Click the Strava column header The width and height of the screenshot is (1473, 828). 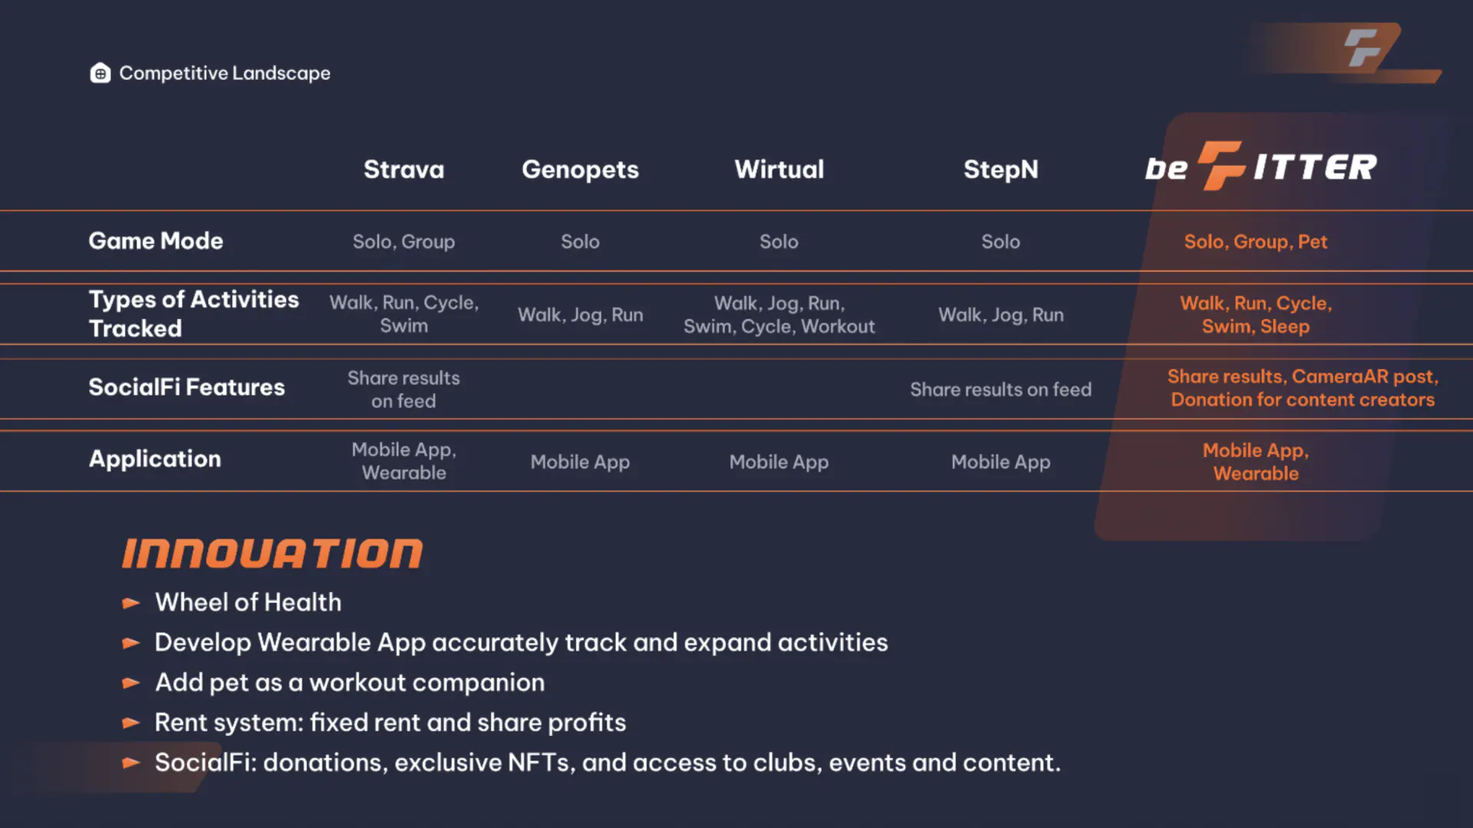pos(404,169)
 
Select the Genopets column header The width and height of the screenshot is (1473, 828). pos(580,170)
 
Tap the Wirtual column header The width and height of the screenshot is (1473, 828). pos(779,169)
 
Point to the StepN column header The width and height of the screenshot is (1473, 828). pos(1000,169)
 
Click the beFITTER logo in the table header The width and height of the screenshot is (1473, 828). pos(1260,166)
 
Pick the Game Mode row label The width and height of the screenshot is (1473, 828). pos(156,241)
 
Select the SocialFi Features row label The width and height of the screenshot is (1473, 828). pos(186,387)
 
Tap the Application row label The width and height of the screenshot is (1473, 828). pos(155,458)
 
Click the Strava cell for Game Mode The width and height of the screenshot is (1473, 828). pos(404,242)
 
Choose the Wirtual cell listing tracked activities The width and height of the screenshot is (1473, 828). pos(779,314)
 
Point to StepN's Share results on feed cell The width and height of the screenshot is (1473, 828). pos(1000,389)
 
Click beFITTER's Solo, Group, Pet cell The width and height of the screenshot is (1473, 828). pos(1255,242)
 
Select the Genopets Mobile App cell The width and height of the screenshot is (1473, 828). pos(580,462)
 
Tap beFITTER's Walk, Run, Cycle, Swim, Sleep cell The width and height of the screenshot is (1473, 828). pos(1255,314)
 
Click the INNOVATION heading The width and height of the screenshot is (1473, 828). pos(272,554)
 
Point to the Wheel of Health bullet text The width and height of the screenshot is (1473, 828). pos(248,603)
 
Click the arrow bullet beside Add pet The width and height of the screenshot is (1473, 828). pos(131,682)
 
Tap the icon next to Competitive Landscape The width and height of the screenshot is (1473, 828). pos(101,73)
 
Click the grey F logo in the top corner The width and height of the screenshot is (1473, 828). pos(1363,48)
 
